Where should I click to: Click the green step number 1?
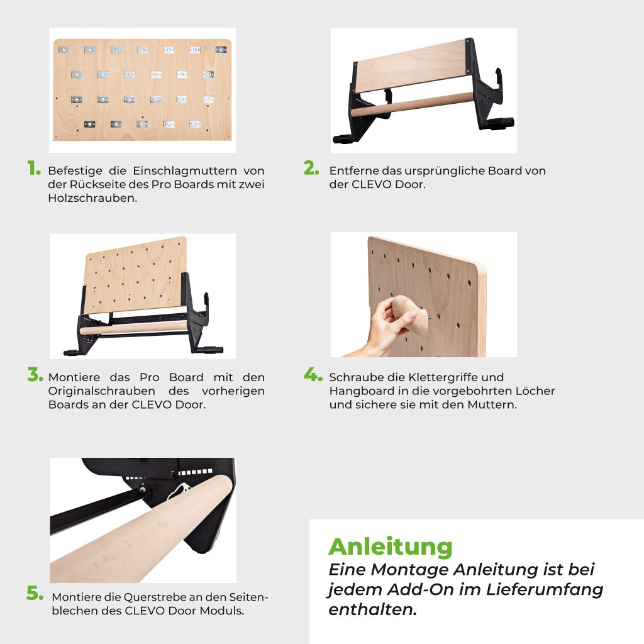click(x=34, y=168)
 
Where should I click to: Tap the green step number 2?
click(x=311, y=168)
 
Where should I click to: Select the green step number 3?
click(x=35, y=375)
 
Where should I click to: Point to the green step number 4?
click(x=313, y=375)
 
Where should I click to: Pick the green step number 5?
click(x=35, y=593)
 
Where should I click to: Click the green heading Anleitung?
click(x=390, y=548)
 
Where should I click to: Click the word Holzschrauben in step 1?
click(x=92, y=198)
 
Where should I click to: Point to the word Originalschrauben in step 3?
click(x=101, y=391)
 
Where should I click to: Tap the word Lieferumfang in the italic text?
click(x=545, y=590)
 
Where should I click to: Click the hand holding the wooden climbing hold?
click(x=382, y=328)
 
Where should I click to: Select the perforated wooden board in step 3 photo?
click(x=135, y=274)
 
